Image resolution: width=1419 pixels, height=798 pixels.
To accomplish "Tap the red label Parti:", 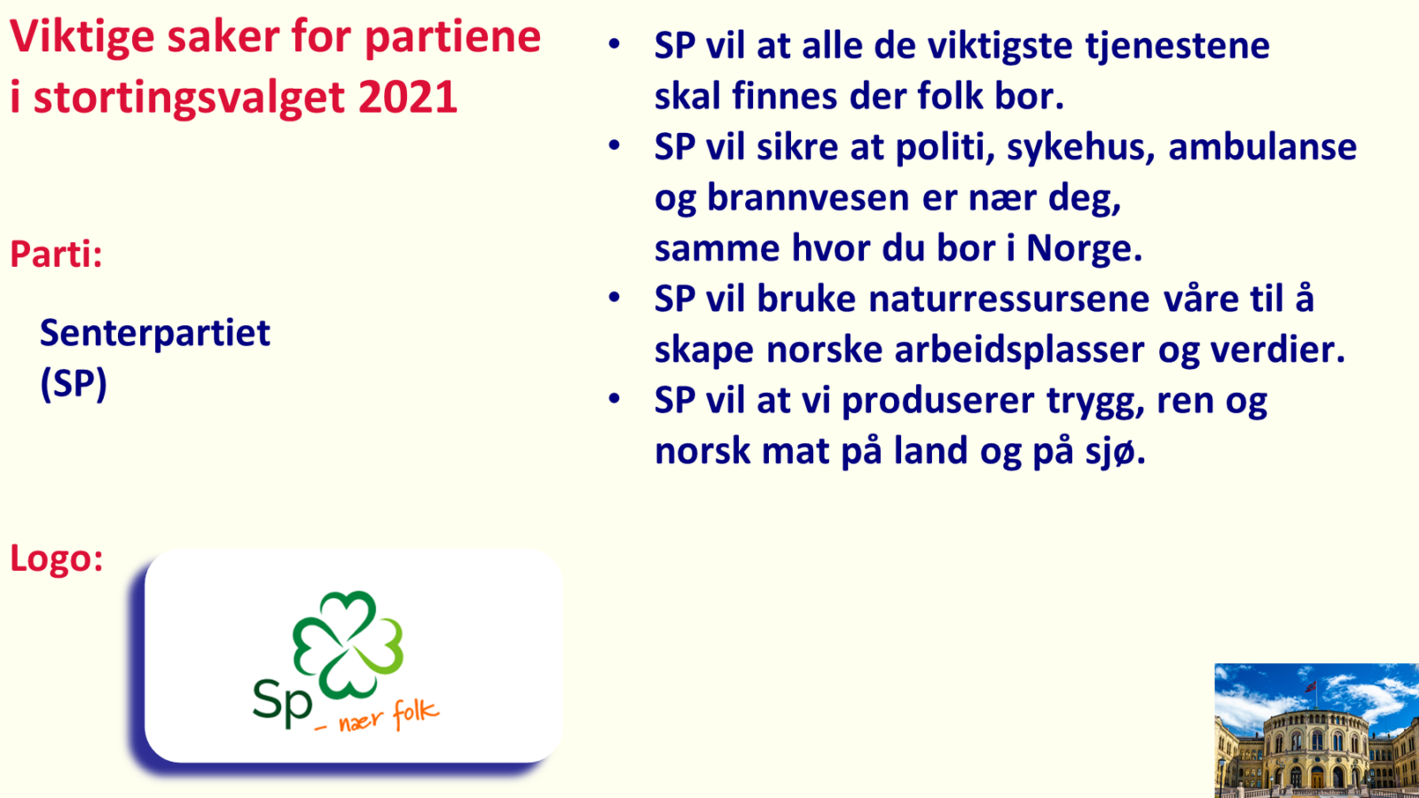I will pyautogui.click(x=56, y=254).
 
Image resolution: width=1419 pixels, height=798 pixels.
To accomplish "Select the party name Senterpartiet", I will pyautogui.click(x=155, y=333).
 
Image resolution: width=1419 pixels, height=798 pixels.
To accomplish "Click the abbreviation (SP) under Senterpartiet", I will pyautogui.click(x=74, y=384).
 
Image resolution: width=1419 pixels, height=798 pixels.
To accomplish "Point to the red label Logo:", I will pyautogui.click(x=56, y=559).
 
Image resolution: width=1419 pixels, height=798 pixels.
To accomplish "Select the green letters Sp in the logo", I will pyautogui.click(x=282, y=700).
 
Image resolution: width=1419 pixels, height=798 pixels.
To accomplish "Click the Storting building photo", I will pyautogui.click(x=1316, y=731).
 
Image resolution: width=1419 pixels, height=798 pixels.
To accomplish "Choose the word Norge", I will pyautogui.click(x=1084, y=248).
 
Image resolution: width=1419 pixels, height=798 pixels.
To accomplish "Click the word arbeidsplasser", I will pyautogui.click(x=1019, y=350).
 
